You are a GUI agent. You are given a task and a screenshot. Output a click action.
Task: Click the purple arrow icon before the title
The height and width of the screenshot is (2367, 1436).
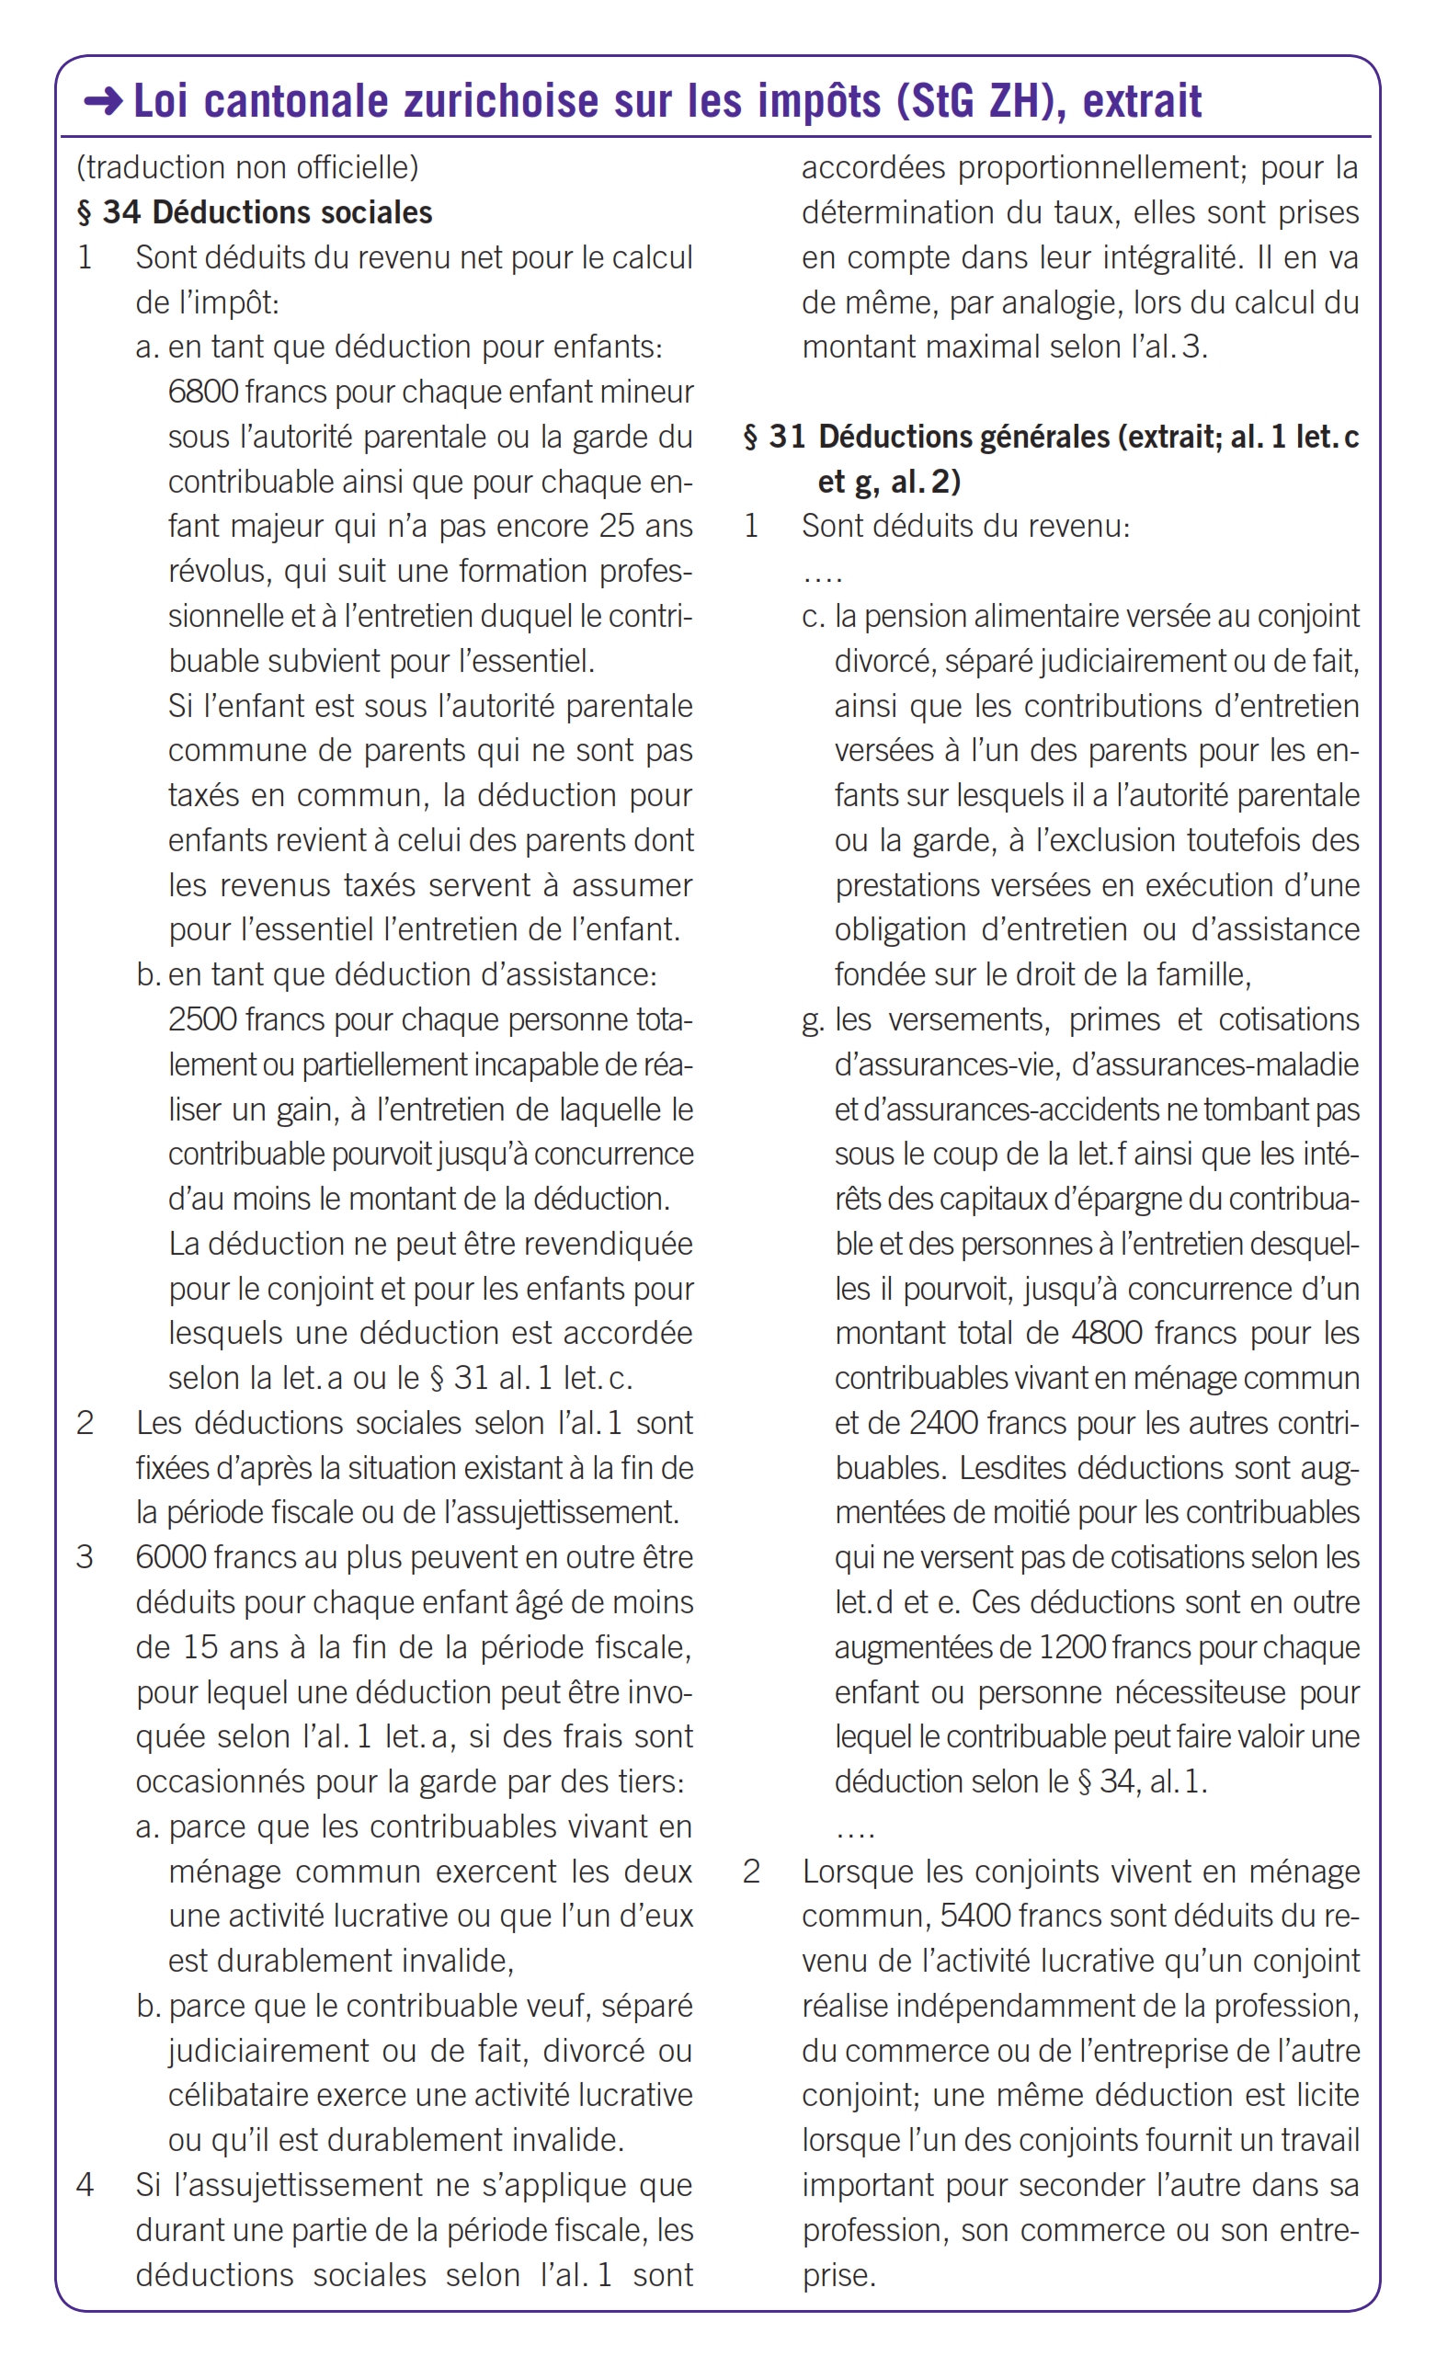[x=103, y=101]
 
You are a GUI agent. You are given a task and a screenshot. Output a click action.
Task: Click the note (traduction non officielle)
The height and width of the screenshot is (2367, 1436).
[x=247, y=167]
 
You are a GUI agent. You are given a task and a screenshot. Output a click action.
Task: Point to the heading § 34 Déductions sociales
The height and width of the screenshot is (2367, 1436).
[x=255, y=212]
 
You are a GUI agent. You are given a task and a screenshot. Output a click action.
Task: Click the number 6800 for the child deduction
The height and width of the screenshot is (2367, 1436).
[x=202, y=392]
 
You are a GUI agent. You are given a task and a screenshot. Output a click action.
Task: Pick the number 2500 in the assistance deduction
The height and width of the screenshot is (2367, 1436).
[x=202, y=1019]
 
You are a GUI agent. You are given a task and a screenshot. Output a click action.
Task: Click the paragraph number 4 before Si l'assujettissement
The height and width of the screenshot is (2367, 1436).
[x=85, y=2184]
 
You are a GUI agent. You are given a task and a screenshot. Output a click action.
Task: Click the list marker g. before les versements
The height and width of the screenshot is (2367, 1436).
[x=813, y=1020]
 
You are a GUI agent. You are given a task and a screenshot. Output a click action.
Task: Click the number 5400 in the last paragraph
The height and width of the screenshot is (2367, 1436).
[x=974, y=1917]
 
